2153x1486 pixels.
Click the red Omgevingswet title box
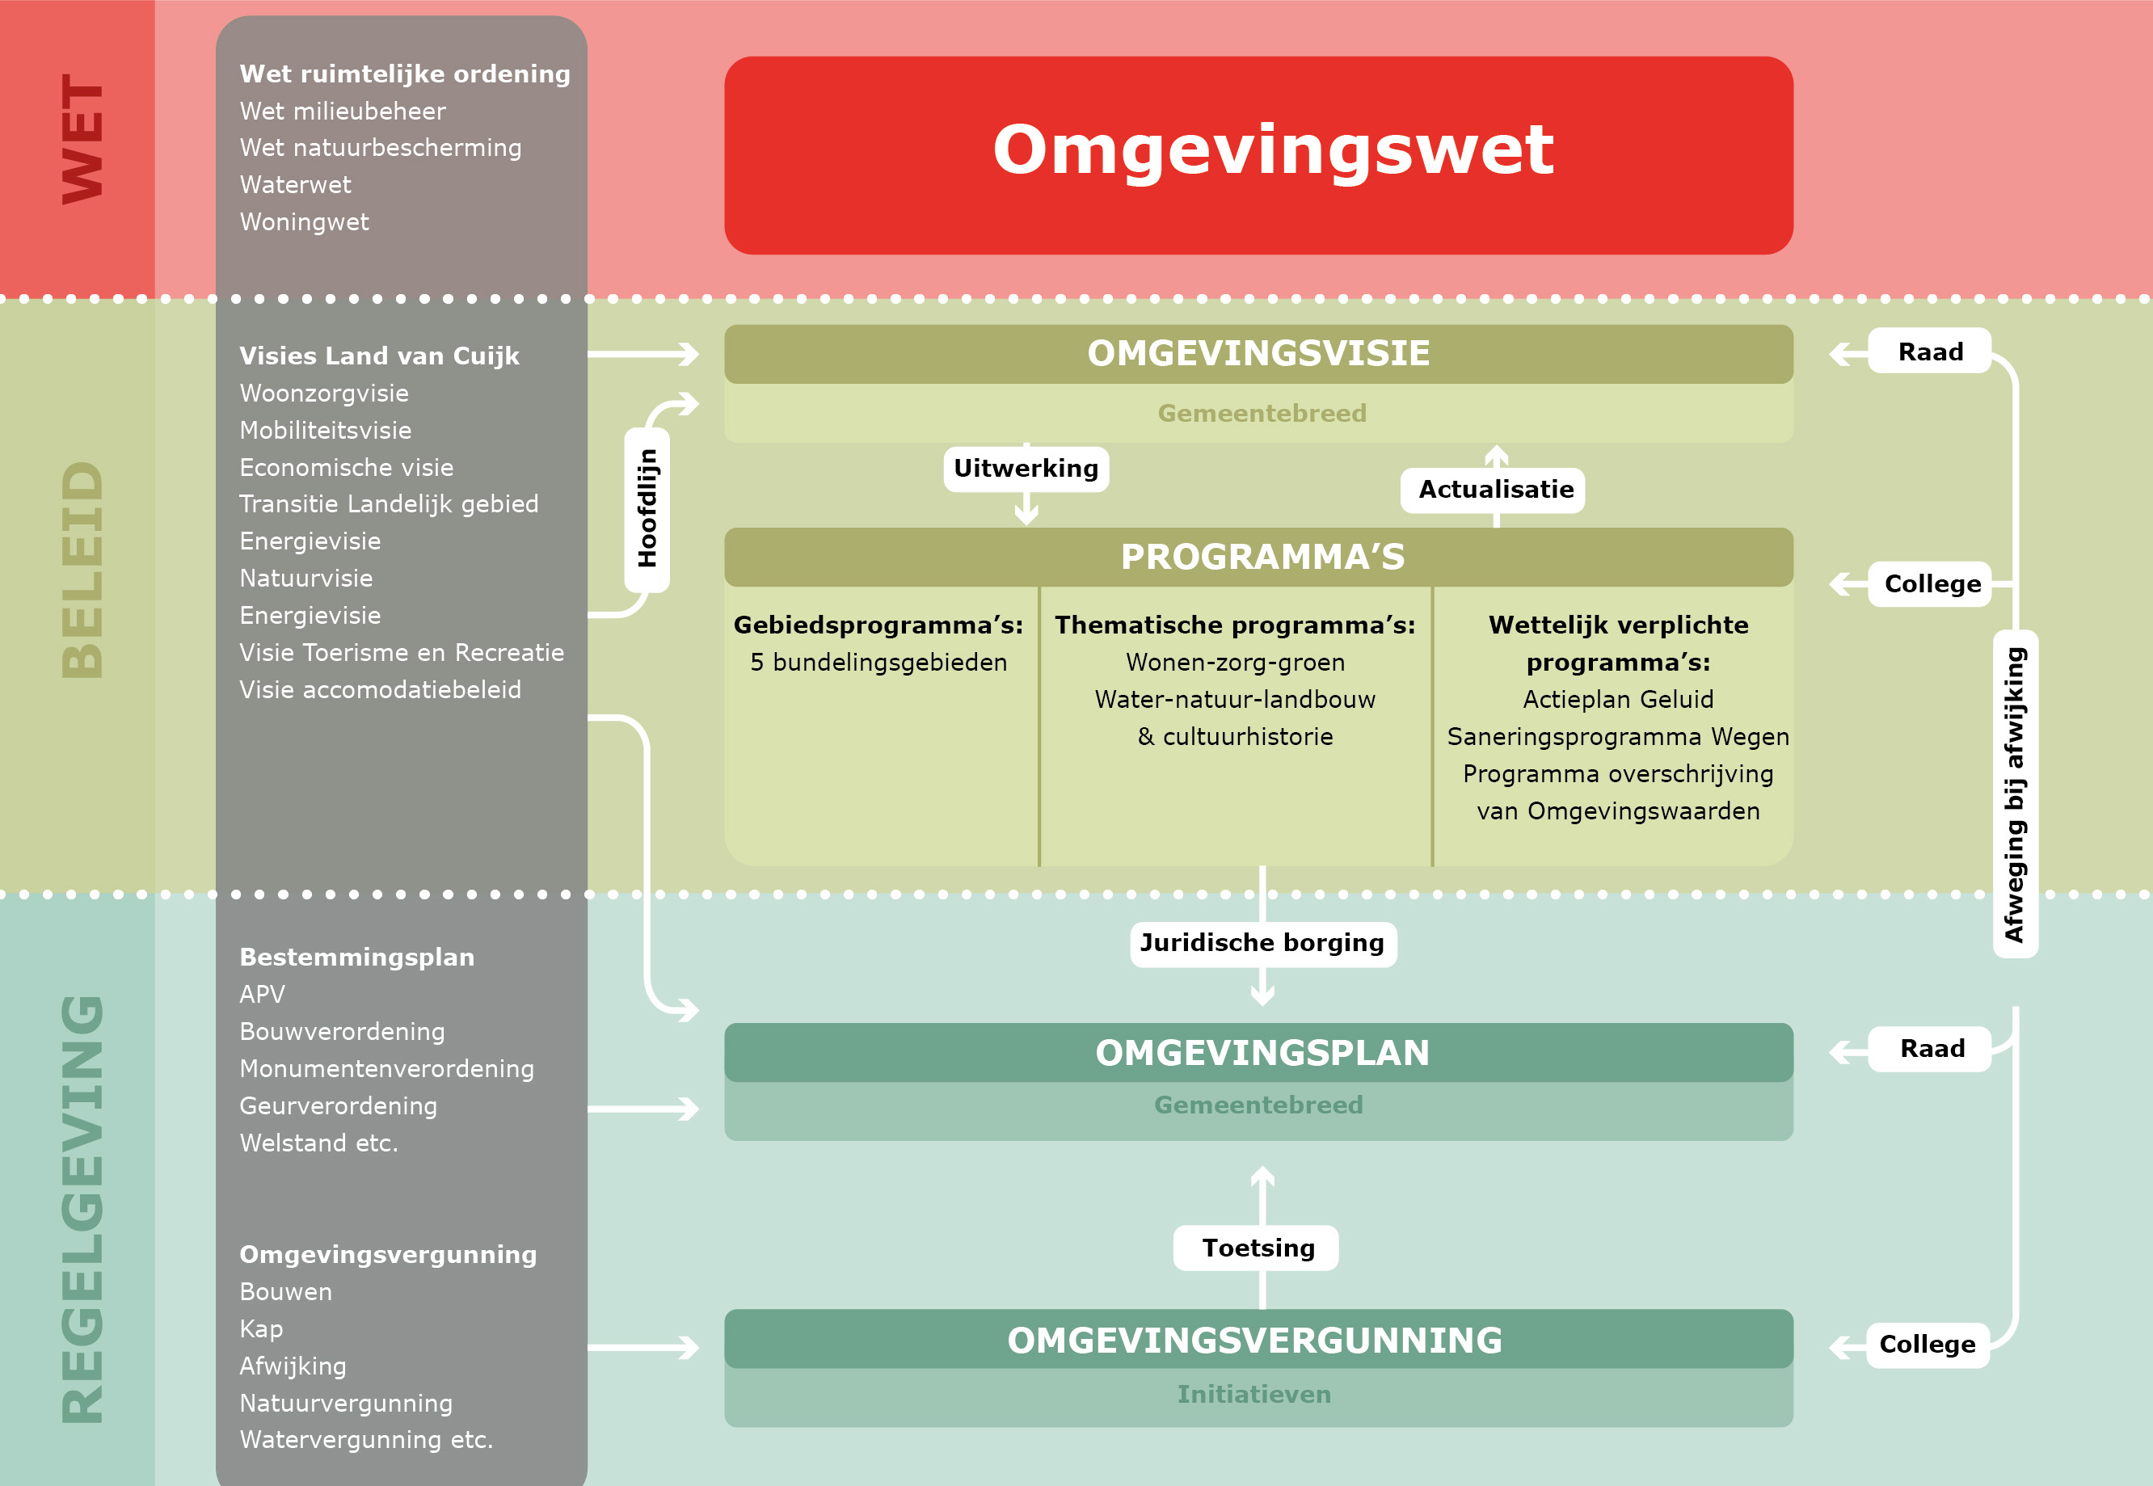(x=1258, y=154)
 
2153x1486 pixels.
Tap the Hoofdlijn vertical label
(x=647, y=509)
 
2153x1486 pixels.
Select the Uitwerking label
(x=1026, y=469)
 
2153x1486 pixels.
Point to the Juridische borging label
(x=1262, y=943)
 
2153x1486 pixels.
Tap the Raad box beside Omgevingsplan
(x=1932, y=1048)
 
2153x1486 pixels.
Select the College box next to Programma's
(x=1932, y=583)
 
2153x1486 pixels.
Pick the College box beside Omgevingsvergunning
(x=1927, y=1345)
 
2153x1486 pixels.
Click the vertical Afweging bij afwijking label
(x=2014, y=794)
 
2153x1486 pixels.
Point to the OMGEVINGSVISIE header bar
(x=1258, y=354)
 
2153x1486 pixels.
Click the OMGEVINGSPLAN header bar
(x=1258, y=1053)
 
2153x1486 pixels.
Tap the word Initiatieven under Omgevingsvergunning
(x=1253, y=1395)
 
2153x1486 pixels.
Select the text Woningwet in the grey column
(x=304, y=222)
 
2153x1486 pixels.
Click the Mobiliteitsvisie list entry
(x=325, y=430)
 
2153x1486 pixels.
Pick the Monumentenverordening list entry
(x=386, y=1069)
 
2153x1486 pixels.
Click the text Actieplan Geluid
(x=1617, y=699)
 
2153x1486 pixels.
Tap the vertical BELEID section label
(x=82, y=570)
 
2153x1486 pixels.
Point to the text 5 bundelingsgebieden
(x=878, y=662)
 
